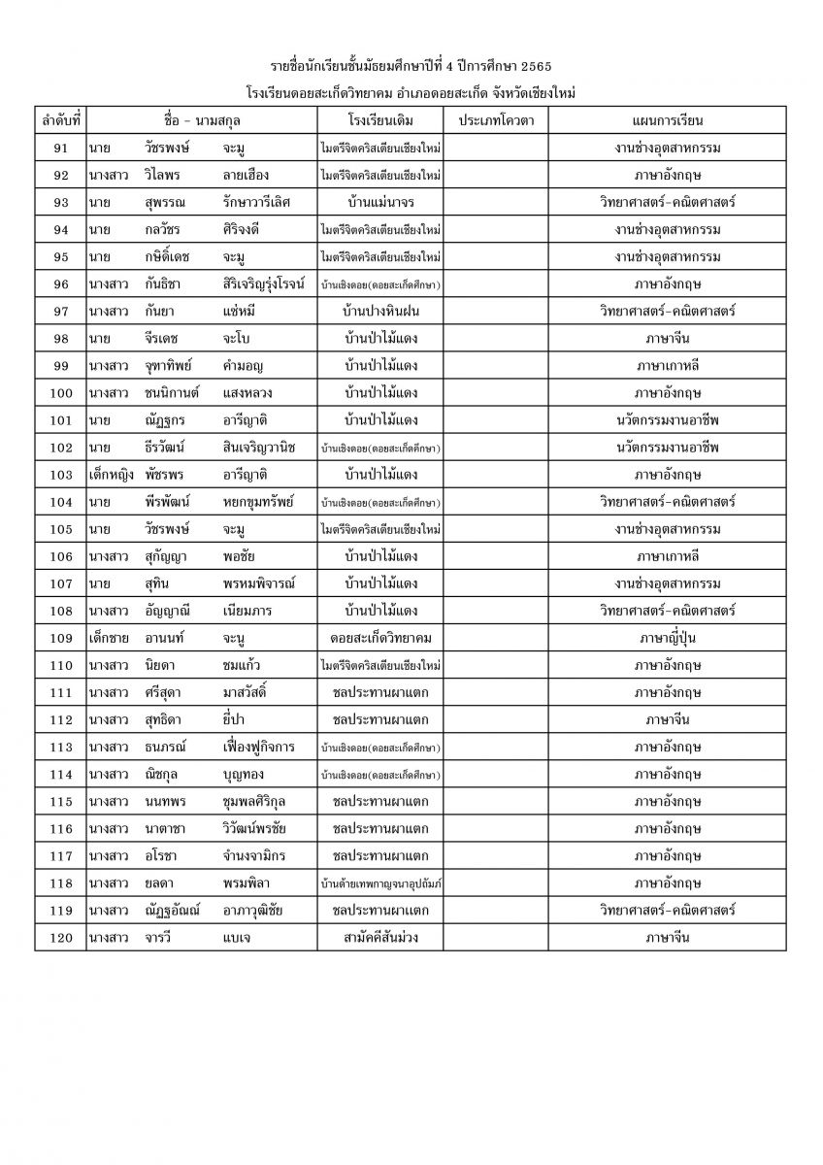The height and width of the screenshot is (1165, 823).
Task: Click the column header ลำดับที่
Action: pyautogui.click(x=60, y=120)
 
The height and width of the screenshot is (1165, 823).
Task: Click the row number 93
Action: pyautogui.click(x=60, y=202)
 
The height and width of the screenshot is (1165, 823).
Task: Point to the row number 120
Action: pyautogui.click(x=60, y=937)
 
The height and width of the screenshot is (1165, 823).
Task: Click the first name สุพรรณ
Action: pyautogui.click(x=162, y=202)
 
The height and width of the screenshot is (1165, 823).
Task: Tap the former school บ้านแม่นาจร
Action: pyautogui.click(x=380, y=202)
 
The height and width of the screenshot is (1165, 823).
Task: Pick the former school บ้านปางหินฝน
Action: pyautogui.click(x=380, y=311)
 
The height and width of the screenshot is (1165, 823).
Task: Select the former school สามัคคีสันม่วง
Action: pyautogui.click(x=380, y=937)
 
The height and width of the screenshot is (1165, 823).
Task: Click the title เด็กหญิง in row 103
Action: pyautogui.click(x=109, y=475)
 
